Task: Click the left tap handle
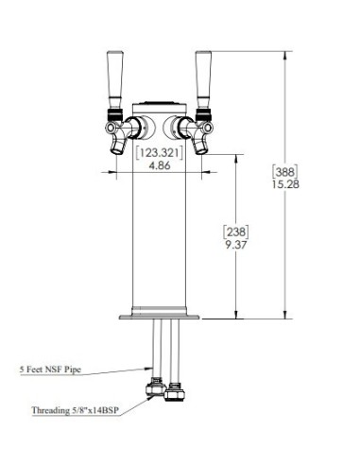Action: coord(114,80)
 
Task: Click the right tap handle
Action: coord(203,80)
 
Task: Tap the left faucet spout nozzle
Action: coord(117,147)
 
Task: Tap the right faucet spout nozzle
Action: coord(200,147)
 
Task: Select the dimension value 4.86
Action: coord(160,165)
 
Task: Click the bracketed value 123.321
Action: coord(160,153)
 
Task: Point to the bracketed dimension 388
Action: coord(285,172)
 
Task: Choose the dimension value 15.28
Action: coord(285,184)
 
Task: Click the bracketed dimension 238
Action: coord(236,232)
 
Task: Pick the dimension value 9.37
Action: coord(236,245)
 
